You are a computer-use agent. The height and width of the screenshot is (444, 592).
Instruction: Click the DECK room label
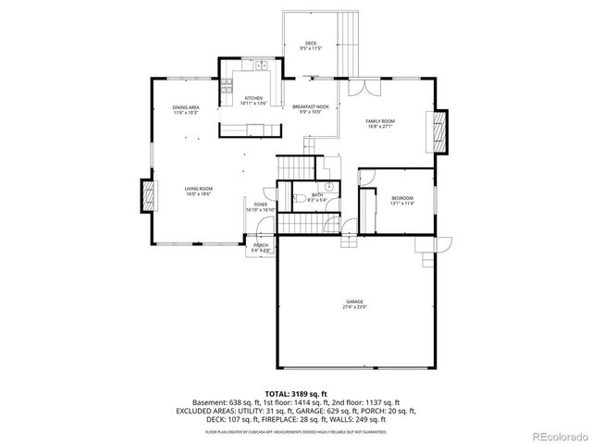click(312, 43)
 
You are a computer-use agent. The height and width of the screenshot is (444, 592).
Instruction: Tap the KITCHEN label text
click(253, 99)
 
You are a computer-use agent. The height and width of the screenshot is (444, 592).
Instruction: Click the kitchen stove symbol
click(225, 89)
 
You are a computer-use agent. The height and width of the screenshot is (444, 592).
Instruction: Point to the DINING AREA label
click(186, 108)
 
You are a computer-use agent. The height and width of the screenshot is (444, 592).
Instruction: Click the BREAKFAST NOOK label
click(311, 108)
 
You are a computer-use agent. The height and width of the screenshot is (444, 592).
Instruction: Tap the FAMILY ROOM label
click(380, 122)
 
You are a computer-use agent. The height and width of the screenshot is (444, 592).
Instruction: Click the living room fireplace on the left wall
click(146, 197)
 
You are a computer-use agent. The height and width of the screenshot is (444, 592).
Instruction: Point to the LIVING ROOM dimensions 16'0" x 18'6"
click(199, 194)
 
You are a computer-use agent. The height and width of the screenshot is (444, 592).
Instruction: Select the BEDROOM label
click(401, 198)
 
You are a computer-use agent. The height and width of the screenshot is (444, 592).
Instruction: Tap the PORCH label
click(261, 246)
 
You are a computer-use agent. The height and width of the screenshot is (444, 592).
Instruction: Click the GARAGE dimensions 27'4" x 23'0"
click(355, 306)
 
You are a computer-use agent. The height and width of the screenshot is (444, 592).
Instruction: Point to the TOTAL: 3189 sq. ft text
click(296, 393)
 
